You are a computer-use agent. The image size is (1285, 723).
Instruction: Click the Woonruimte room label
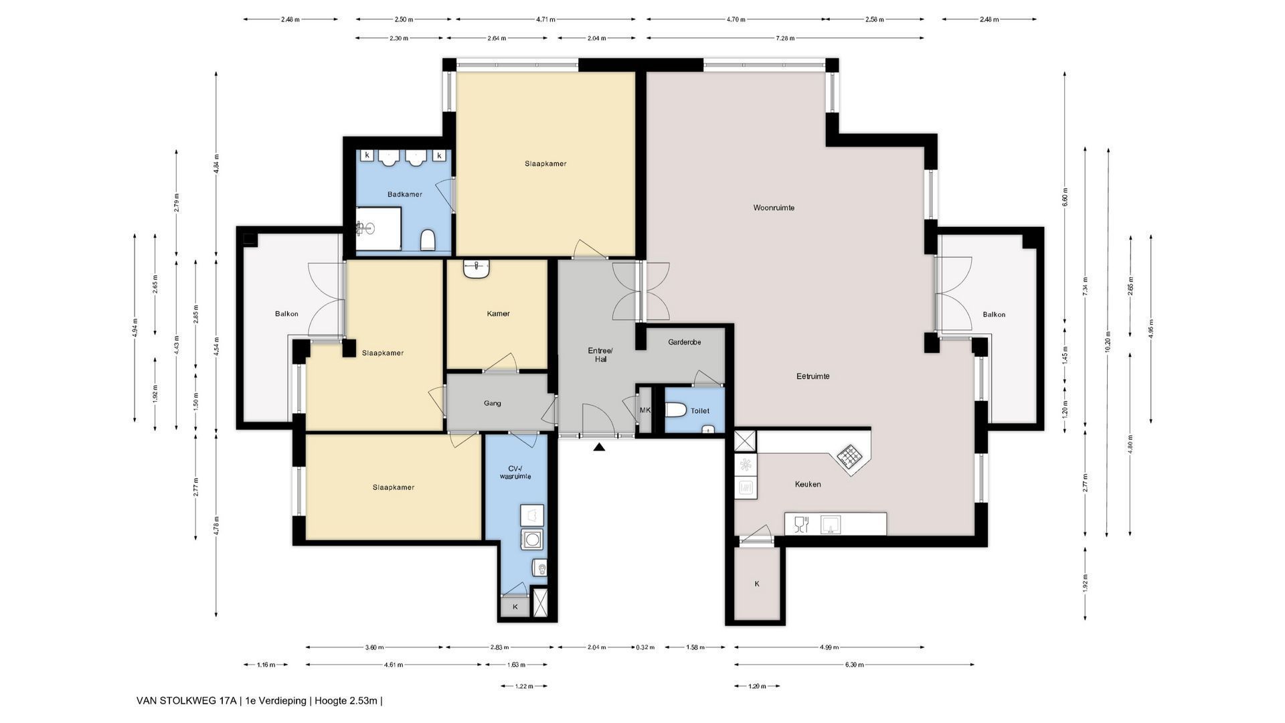[x=774, y=208]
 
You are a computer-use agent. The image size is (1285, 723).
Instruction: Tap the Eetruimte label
[x=812, y=376]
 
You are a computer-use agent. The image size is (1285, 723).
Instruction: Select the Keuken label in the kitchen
[x=808, y=484]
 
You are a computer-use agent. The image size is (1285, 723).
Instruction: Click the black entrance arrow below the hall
[x=599, y=447]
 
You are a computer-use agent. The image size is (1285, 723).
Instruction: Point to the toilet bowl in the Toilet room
[x=675, y=410]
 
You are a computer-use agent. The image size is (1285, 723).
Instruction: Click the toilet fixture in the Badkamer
[x=428, y=240]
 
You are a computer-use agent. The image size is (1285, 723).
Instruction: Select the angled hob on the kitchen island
[x=851, y=457]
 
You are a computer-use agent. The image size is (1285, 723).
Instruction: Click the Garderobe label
[x=684, y=342]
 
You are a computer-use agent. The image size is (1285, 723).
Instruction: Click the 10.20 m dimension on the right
[x=1107, y=341]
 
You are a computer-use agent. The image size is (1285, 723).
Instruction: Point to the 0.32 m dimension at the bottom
[x=645, y=647]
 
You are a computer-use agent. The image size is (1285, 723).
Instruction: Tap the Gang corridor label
[x=492, y=403]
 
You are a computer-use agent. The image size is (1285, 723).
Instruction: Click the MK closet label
[x=645, y=410]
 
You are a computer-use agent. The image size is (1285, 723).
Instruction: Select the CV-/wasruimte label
[x=515, y=472]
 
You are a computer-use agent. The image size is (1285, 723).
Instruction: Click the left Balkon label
[x=286, y=314]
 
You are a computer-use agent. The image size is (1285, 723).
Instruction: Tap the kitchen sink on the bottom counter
[x=831, y=524]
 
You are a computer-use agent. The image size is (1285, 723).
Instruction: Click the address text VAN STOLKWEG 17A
[x=186, y=701]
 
